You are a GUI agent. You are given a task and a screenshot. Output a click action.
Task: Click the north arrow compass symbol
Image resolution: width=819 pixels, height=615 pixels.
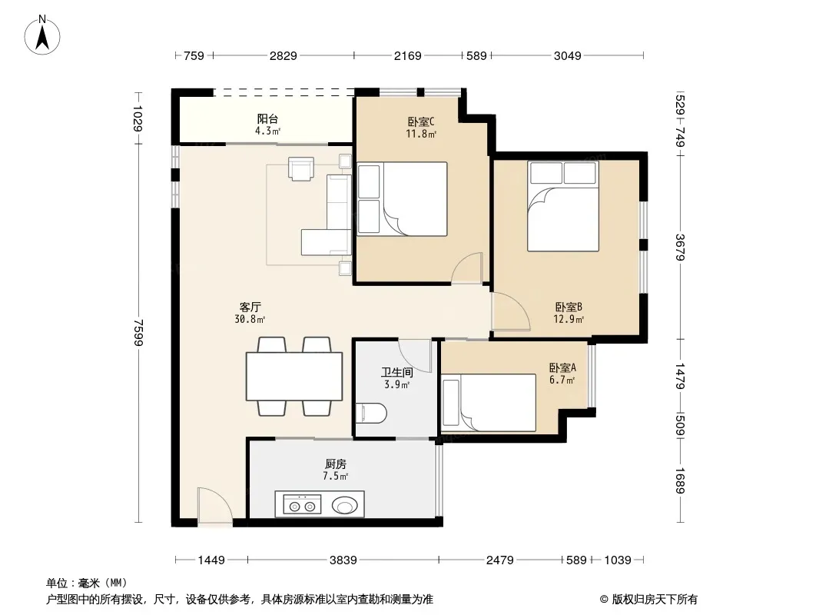coord(42,35)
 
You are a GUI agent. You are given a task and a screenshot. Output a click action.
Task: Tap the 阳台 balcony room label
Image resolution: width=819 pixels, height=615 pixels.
coord(267,119)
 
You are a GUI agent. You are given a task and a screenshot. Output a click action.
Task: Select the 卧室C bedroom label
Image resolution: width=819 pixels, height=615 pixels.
coord(421,121)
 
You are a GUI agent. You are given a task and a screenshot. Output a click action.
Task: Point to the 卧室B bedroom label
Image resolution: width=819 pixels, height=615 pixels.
coord(569,307)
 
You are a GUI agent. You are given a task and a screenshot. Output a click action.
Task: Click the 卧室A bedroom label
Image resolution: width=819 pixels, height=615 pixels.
coord(562,368)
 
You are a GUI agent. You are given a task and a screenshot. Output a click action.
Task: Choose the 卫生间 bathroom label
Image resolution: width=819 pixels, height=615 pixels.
coord(397,373)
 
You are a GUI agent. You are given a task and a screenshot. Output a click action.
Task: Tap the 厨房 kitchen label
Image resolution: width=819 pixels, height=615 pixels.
coord(335,464)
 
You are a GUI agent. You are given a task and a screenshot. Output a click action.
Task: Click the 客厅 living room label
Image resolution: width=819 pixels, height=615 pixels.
coord(250,307)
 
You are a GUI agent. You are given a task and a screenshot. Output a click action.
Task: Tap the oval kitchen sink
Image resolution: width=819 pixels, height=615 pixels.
coord(345,505)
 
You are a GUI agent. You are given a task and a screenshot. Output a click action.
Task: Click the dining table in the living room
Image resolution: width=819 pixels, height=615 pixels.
coord(294,377)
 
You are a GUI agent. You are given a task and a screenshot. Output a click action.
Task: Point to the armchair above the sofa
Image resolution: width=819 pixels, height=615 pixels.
coord(301,168)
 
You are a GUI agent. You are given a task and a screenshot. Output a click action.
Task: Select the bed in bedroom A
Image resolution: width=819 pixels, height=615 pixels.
coord(489,402)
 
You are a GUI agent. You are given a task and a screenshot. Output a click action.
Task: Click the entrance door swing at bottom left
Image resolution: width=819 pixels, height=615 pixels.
coord(214,506)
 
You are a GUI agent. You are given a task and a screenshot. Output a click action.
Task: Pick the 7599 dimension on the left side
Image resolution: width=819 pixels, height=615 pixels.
coord(138,332)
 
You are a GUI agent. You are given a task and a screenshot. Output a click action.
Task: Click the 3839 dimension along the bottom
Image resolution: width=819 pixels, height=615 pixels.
coord(343,560)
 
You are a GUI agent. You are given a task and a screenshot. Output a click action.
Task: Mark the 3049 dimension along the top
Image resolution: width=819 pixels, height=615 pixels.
coord(567,55)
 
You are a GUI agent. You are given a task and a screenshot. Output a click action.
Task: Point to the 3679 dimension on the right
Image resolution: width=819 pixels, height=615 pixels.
coord(680,247)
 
